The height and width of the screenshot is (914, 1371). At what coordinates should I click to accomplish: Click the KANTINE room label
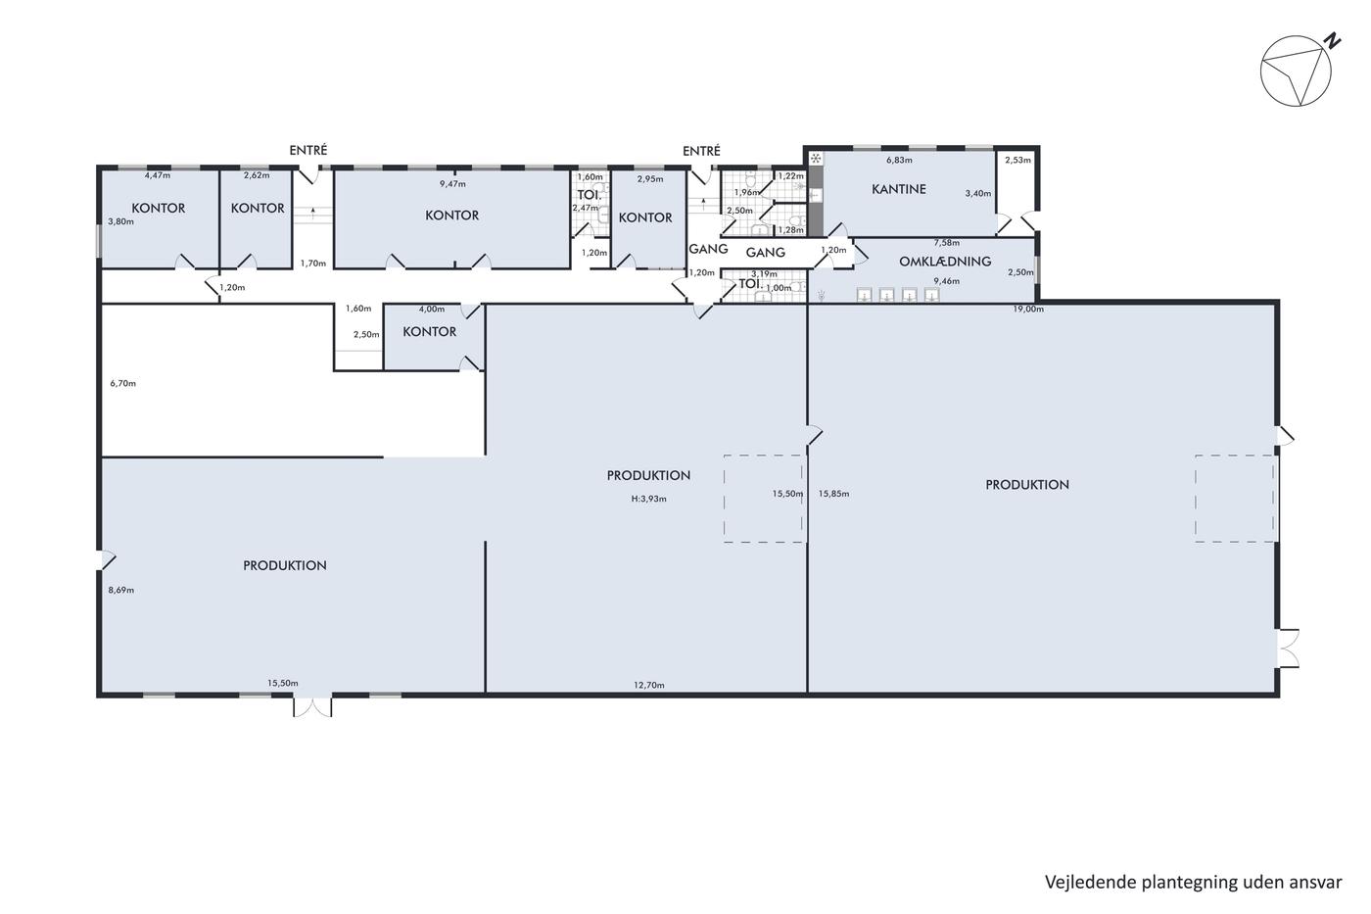[x=899, y=189]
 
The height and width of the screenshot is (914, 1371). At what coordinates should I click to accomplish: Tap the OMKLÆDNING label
[x=945, y=262]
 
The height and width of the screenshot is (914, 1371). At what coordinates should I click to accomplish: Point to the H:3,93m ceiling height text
[x=648, y=499]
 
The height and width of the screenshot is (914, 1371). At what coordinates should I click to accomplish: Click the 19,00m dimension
[x=1028, y=310]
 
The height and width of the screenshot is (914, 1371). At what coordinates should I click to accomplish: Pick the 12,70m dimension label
[x=648, y=685]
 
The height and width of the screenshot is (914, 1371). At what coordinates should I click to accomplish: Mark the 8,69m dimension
[x=121, y=590]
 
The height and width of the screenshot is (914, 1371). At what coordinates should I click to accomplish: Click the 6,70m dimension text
[x=123, y=384]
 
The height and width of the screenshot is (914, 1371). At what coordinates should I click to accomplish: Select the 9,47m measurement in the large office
[x=452, y=183]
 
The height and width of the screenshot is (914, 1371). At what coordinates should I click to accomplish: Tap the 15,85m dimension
[x=833, y=494]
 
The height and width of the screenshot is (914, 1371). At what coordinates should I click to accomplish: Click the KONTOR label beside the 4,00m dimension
[x=430, y=332]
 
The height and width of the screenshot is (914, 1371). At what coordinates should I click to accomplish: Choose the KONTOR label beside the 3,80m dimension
[x=159, y=208]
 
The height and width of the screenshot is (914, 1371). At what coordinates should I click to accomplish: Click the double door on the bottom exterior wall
[x=312, y=706]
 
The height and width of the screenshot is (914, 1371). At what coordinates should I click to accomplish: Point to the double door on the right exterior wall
[x=1287, y=648]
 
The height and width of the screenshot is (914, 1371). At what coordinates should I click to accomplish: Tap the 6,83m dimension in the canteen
[x=899, y=161]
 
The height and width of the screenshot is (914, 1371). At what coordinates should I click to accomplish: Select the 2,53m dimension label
[x=1017, y=161]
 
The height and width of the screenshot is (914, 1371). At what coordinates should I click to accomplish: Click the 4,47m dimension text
[x=158, y=175]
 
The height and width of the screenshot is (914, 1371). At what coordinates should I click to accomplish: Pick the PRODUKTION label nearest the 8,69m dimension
[x=285, y=565]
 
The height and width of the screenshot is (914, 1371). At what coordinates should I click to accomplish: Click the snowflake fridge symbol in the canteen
[x=815, y=159]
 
